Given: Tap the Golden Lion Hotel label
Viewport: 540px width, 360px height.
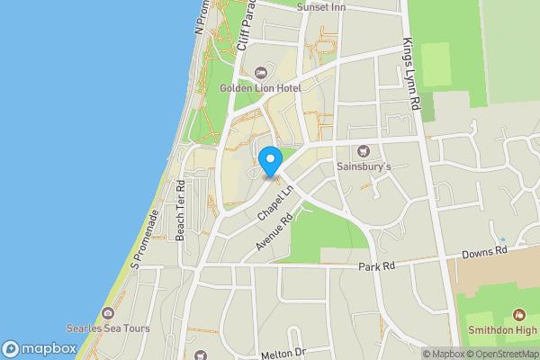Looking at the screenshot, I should pos(261,88).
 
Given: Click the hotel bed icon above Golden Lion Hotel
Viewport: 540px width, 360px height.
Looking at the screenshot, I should pos(261,72).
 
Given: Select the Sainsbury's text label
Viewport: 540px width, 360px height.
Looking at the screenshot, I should pos(364,166).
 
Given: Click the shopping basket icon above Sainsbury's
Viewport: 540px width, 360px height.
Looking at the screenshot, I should pos(364,150).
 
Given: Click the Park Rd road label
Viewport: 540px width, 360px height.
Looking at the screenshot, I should pos(376,267).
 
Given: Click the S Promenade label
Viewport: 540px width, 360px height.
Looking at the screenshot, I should pos(145,240).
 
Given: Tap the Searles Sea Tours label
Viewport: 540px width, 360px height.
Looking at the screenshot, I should pos(108,328).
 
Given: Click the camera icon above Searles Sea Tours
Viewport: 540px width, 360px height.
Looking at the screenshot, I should pos(108,313).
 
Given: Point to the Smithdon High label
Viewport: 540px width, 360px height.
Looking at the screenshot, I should pos(503,330).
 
